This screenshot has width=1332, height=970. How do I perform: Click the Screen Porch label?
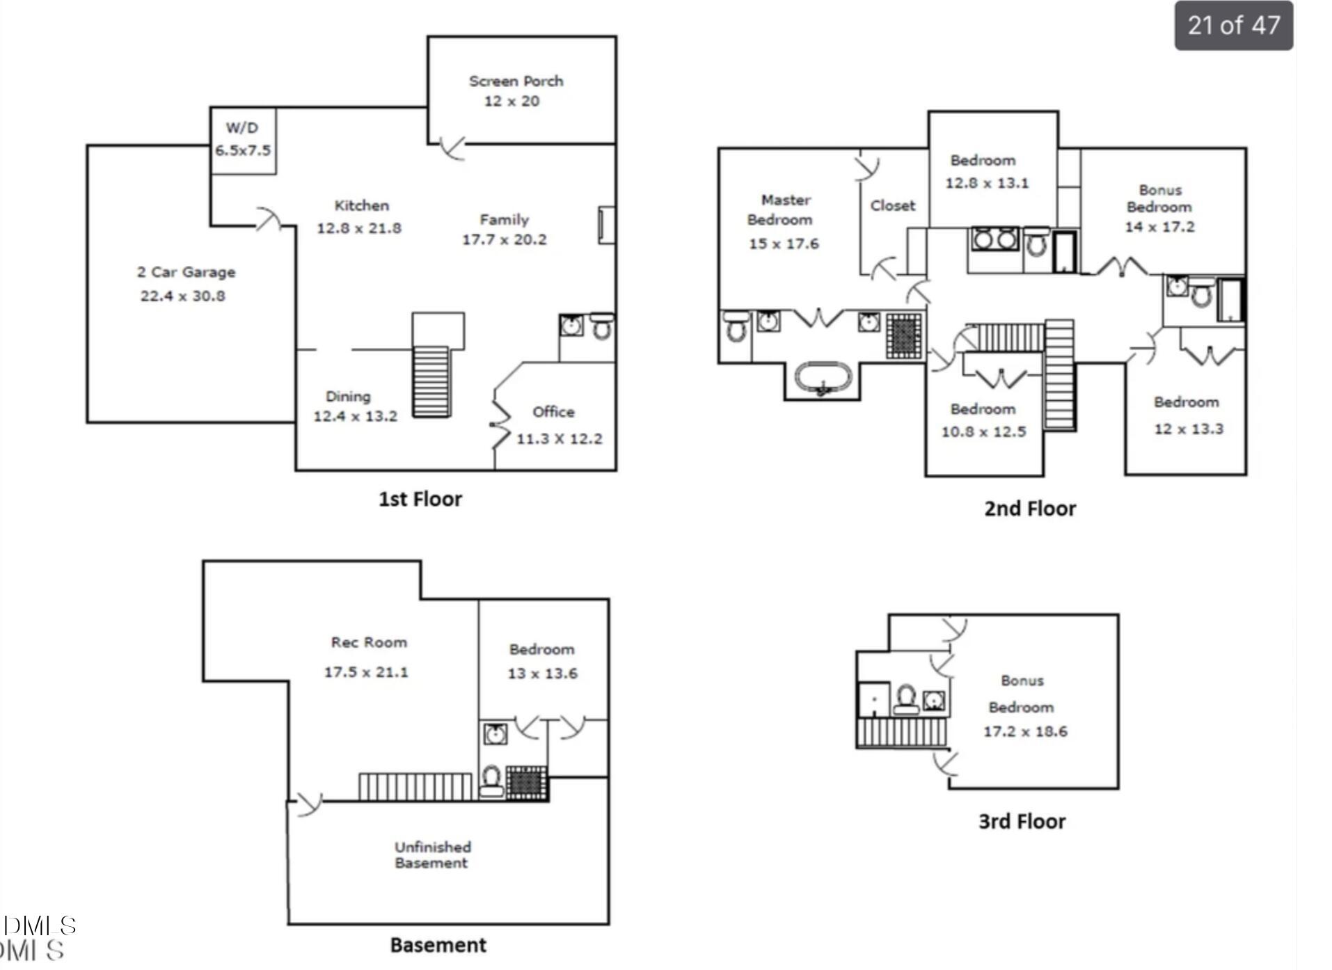[516, 81]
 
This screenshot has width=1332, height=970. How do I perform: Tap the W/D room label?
[241, 128]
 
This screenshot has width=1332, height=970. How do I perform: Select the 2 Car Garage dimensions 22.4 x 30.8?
[182, 296]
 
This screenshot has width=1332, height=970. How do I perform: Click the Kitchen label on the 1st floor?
[361, 206]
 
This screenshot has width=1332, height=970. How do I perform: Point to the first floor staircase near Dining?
[431, 381]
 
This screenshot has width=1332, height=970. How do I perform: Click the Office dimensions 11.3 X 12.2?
[559, 439]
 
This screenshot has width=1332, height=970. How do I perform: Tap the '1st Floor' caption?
[420, 499]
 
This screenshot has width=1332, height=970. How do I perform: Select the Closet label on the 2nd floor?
[892, 206]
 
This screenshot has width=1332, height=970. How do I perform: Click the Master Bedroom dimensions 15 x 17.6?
[783, 244]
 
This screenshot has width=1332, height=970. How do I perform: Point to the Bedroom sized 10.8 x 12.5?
[983, 420]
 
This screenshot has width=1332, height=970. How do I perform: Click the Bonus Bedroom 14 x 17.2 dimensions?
[1159, 227]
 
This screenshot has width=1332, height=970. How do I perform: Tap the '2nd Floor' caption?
[1029, 509]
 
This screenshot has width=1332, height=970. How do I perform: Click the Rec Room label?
[369, 642]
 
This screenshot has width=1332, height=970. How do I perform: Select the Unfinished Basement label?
[432, 854]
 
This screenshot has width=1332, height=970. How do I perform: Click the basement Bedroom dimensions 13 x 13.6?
[542, 674]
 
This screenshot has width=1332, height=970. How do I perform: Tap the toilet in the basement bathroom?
[491, 781]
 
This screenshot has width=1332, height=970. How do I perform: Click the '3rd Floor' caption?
[1022, 822]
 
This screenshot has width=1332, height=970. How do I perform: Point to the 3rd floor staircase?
[902, 733]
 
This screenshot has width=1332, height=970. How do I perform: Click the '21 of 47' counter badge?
[1233, 26]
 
